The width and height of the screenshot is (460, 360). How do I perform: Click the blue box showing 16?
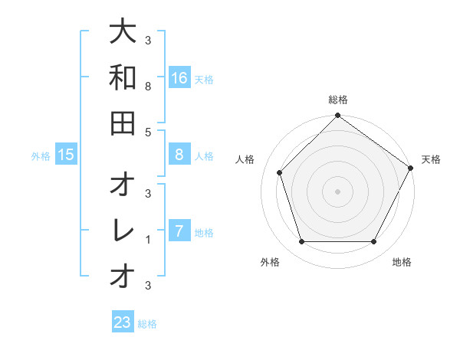179,77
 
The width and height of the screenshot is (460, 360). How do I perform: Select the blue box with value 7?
179,231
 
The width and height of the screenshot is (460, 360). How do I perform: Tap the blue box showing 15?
66,155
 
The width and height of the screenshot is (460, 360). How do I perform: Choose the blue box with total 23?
123,322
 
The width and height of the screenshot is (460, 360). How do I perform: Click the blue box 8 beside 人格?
179,155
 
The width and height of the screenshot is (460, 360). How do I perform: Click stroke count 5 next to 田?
147,132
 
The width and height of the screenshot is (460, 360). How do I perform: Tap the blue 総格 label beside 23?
147,324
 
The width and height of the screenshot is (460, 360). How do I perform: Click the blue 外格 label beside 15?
41,156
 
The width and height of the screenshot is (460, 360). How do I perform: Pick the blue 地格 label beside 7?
204,233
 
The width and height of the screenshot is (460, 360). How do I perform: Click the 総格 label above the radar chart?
337,100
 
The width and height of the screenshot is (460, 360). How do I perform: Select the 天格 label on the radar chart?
431,159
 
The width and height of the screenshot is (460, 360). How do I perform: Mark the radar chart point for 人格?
280,172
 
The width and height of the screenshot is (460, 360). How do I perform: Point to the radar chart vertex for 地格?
373,241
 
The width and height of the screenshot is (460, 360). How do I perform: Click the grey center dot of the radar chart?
337,191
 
